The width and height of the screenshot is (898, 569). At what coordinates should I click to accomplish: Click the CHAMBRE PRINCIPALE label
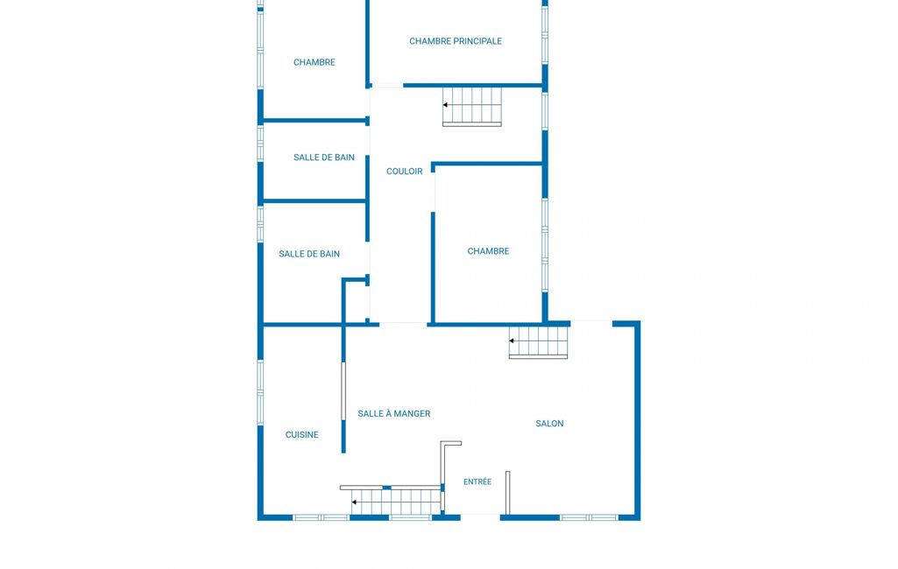456,41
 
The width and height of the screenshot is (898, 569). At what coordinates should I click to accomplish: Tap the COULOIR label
405,172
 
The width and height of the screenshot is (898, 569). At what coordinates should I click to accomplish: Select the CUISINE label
301,434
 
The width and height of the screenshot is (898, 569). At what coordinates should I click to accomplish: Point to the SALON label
549,424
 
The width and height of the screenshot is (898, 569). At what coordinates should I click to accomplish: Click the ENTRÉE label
477,482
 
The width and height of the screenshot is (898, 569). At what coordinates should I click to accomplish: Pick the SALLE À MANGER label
394,413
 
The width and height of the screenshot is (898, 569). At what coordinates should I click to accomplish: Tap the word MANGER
412,414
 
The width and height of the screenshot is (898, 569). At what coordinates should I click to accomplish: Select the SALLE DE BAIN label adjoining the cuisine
309,254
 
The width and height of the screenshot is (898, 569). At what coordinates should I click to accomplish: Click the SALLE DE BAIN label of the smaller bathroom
324,158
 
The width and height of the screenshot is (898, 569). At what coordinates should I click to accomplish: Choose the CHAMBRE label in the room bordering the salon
488,251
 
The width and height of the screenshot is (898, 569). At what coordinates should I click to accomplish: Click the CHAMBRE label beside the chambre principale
315,62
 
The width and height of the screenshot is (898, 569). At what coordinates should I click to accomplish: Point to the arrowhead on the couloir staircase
445,105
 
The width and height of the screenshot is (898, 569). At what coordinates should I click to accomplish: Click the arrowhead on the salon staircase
512,341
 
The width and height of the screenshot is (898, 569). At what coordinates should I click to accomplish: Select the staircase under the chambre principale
472,107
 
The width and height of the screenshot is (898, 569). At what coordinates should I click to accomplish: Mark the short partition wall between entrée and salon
507,492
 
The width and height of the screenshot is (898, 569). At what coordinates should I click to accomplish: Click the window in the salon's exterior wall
589,517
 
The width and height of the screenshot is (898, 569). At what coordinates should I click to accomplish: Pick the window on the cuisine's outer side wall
260,392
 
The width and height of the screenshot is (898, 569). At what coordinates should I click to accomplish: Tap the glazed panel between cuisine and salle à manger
343,391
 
